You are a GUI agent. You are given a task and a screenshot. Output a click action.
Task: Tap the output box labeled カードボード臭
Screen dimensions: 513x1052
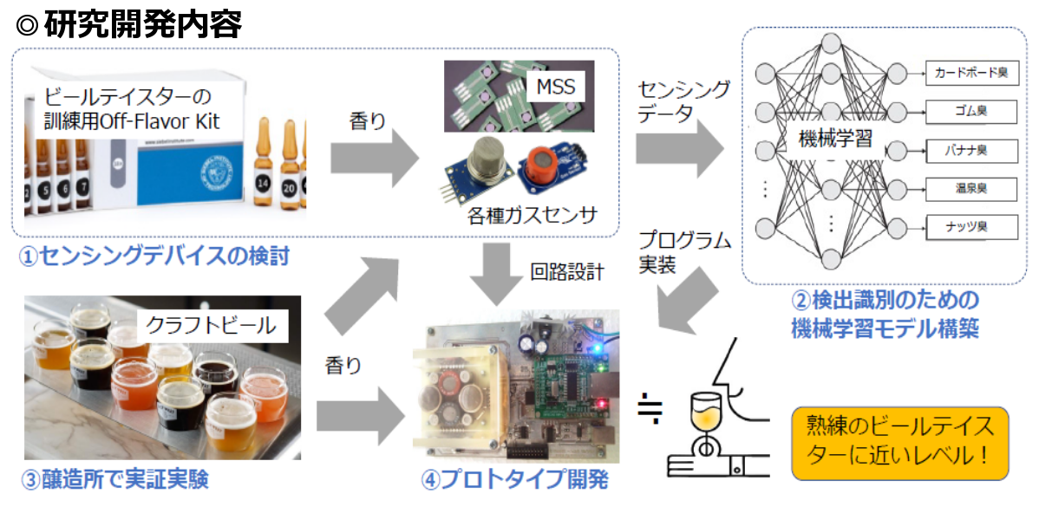coord(970,74)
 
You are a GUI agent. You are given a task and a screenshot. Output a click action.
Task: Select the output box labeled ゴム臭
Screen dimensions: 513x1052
coord(970,112)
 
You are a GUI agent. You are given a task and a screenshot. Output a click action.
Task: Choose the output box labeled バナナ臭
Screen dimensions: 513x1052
coord(970,151)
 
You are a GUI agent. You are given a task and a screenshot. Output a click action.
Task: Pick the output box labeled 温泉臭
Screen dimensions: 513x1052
coord(970,188)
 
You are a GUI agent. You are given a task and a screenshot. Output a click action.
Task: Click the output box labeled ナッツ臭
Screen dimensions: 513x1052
coord(970,227)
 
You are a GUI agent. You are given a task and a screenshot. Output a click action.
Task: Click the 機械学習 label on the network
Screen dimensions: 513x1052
coord(835,139)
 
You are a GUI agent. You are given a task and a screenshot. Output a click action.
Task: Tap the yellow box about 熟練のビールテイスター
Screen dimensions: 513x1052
coord(899,443)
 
